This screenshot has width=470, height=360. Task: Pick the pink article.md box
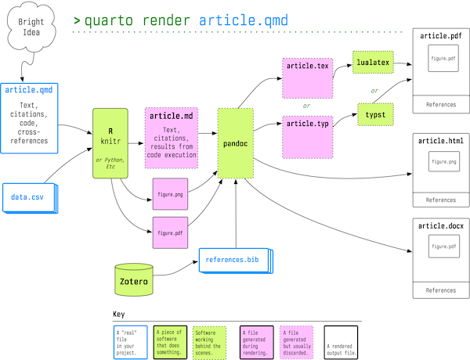click(x=172, y=137)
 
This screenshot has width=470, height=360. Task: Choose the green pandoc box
click(x=236, y=143)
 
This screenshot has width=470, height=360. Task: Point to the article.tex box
click(x=307, y=77)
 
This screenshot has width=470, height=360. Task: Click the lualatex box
click(x=372, y=61)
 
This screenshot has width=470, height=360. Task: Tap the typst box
click(x=375, y=115)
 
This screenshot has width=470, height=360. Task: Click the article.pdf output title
click(x=440, y=36)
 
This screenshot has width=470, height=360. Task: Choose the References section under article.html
click(x=440, y=200)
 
